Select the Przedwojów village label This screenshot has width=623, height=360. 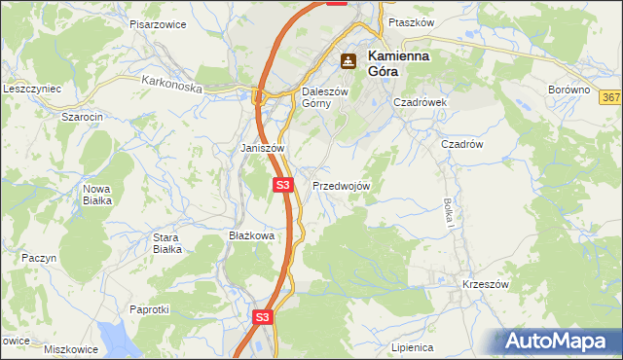point(341,186)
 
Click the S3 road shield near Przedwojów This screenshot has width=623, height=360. point(282,184)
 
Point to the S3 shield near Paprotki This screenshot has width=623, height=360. point(262,317)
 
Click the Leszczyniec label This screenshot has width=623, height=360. point(32,89)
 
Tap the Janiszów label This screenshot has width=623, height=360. point(262,148)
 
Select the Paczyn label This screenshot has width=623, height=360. point(40,258)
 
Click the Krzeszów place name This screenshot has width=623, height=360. point(487,284)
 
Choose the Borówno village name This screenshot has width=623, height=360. point(569,90)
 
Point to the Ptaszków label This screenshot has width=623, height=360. point(408,21)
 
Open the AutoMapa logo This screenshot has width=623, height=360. point(561,342)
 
